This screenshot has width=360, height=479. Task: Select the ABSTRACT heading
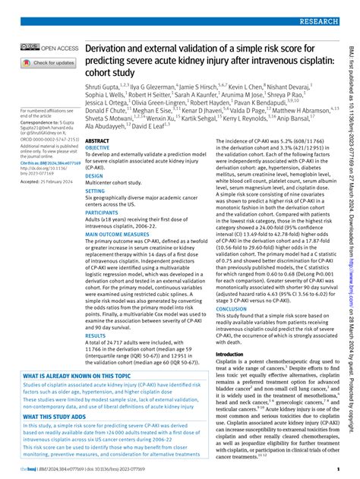click(98, 141)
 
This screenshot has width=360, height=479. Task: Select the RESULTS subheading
click(96, 335)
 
